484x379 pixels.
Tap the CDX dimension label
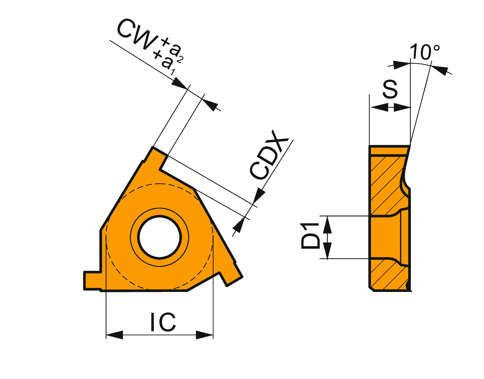pos(269,155)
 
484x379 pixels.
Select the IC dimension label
pos(163,322)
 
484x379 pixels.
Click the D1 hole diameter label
pos(310,236)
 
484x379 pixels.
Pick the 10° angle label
pos(425,52)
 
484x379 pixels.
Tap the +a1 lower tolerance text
pos(164,63)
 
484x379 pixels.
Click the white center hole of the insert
pos(160,237)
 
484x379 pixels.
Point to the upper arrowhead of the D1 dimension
pos(327,224)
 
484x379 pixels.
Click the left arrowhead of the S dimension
pos(379,108)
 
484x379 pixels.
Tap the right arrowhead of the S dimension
pos(402,108)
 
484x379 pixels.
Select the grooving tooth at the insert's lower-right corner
pos(231,274)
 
